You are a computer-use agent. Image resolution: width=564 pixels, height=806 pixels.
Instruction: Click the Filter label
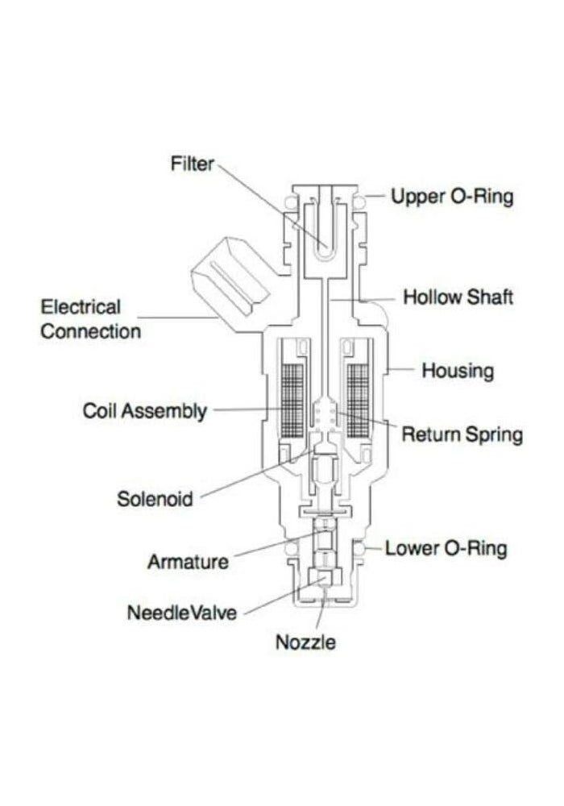click(x=192, y=164)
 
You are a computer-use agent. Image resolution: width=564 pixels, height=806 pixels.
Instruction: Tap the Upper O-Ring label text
click(x=452, y=197)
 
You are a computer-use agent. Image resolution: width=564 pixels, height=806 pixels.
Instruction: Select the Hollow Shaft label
click(x=458, y=297)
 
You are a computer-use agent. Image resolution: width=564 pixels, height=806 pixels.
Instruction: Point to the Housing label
click(x=458, y=371)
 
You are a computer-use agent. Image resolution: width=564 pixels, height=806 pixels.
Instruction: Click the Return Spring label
click(x=462, y=435)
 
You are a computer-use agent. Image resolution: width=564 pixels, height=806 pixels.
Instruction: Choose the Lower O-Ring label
click(x=446, y=548)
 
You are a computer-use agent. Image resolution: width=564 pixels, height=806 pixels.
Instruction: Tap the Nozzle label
click(x=305, y=642)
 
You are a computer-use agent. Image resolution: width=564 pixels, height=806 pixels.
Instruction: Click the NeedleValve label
click(x=182, y=613)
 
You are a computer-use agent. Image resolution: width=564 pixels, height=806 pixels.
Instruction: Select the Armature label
click(x=188, y=562)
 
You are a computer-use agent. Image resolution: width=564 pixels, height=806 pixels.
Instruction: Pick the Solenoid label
click(x=155, y=499)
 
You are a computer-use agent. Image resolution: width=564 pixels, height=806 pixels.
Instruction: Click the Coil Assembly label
click(x=145, y=411)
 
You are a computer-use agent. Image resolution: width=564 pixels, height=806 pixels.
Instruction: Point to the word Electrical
click(x=81, y=307)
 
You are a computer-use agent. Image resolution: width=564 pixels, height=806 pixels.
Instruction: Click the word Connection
click(x=90, y=331)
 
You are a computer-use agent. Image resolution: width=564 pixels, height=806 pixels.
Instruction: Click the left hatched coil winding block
click(x=293, y=401)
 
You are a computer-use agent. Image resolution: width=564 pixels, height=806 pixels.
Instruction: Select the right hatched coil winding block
click(x=358, y=401)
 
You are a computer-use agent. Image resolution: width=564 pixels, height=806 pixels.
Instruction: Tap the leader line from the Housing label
click(x=401, y=369)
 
